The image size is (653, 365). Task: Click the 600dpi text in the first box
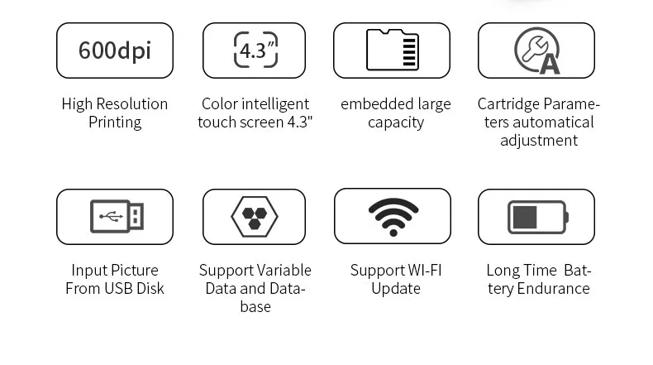point(115,50)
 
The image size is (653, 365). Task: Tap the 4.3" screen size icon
point(255,50)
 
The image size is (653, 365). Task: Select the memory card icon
point(393,50)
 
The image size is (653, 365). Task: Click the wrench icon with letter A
point(537,50)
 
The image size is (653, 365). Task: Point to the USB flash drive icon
point(117,216)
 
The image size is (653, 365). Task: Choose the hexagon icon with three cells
point(255,217)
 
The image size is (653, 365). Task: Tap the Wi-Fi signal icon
point(393,217)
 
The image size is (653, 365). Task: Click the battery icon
point(537,217)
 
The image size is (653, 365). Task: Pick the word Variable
point(284,271)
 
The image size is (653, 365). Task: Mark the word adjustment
point(539,141)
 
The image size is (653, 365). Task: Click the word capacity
point(396,123)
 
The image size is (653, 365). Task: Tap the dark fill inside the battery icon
point(525,217)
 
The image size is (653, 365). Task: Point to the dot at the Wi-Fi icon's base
point(393,233)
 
